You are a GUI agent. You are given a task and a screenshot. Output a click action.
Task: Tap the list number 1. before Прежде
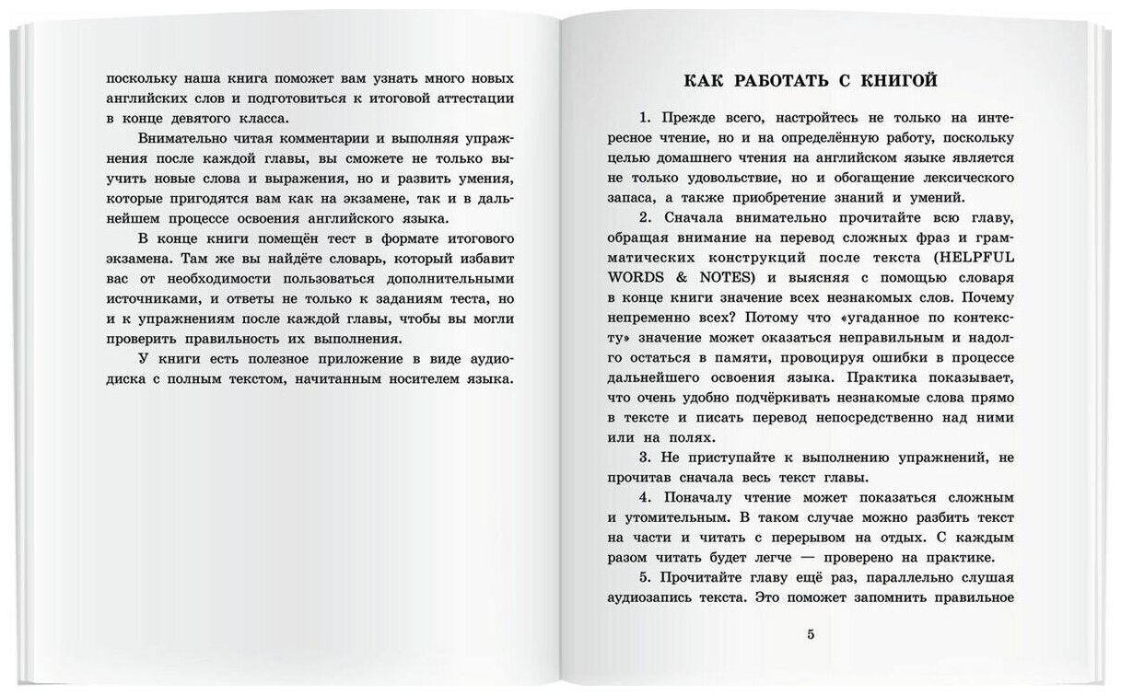coord(643,119)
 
